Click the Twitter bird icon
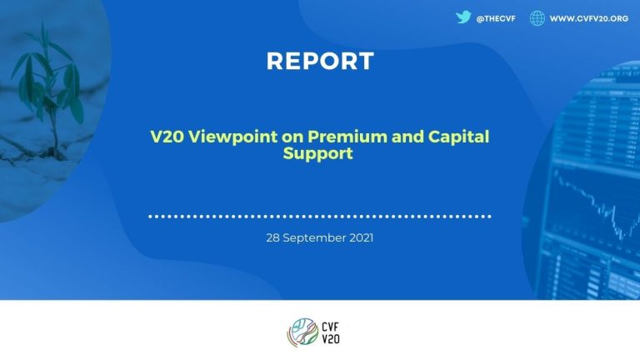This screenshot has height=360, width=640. [463, 17]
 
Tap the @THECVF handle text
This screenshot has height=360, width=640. [498, 17]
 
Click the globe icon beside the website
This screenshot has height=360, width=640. [537, 17]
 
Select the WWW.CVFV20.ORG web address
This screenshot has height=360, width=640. [589, 17]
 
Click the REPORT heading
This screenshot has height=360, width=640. [320, 61]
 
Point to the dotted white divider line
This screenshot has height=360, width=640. [320, 216]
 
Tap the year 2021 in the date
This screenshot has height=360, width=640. [361, 237]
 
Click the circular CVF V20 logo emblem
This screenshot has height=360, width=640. [301, 332]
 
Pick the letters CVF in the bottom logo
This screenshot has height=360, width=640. [329, 326]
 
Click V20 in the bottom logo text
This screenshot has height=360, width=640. [329, 338]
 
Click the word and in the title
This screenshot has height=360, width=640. [380, 137]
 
